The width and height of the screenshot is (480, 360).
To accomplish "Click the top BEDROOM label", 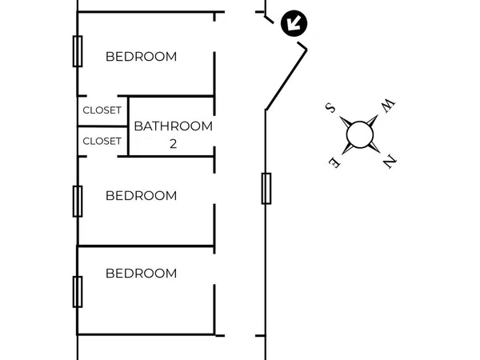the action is (141, 57).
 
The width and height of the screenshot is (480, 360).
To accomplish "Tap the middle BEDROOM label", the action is (141, 196).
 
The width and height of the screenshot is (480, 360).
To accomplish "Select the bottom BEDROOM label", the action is (141, 274).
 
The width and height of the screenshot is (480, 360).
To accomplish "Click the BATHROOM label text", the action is (174, 126).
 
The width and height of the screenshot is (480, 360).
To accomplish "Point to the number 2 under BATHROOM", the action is (174, 143).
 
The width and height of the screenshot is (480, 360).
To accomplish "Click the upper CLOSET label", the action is (102, 110).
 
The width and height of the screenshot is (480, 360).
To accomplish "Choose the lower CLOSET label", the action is (102, 141).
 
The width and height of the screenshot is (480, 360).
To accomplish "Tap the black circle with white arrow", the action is (294, 23).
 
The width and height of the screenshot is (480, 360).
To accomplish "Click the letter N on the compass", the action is (390, 162).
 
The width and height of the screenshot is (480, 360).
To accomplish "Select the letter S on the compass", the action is (330, 108).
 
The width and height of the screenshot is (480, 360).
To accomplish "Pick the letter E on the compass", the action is (334, 162).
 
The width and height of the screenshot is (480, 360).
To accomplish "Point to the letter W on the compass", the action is (388, 106).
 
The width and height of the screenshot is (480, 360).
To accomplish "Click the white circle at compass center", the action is (360, 134).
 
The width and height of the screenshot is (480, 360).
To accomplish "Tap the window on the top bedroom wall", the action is (78, 51).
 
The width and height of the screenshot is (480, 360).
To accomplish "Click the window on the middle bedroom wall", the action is (78, 201).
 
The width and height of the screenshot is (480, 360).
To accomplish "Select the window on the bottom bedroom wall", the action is (78, 292).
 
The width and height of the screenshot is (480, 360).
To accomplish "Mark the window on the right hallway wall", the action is (266, 188).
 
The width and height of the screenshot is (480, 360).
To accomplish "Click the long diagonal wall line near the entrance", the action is (286, 79).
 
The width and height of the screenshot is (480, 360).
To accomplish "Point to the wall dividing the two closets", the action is (103, 126).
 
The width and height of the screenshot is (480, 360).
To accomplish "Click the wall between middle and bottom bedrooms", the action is (146, 246).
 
